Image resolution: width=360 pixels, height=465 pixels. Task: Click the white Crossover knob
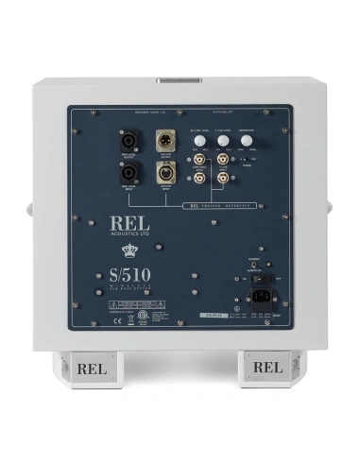point(246,141)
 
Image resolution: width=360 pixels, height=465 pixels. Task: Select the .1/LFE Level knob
point(223,141)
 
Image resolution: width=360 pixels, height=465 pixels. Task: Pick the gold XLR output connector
point(167,140)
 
